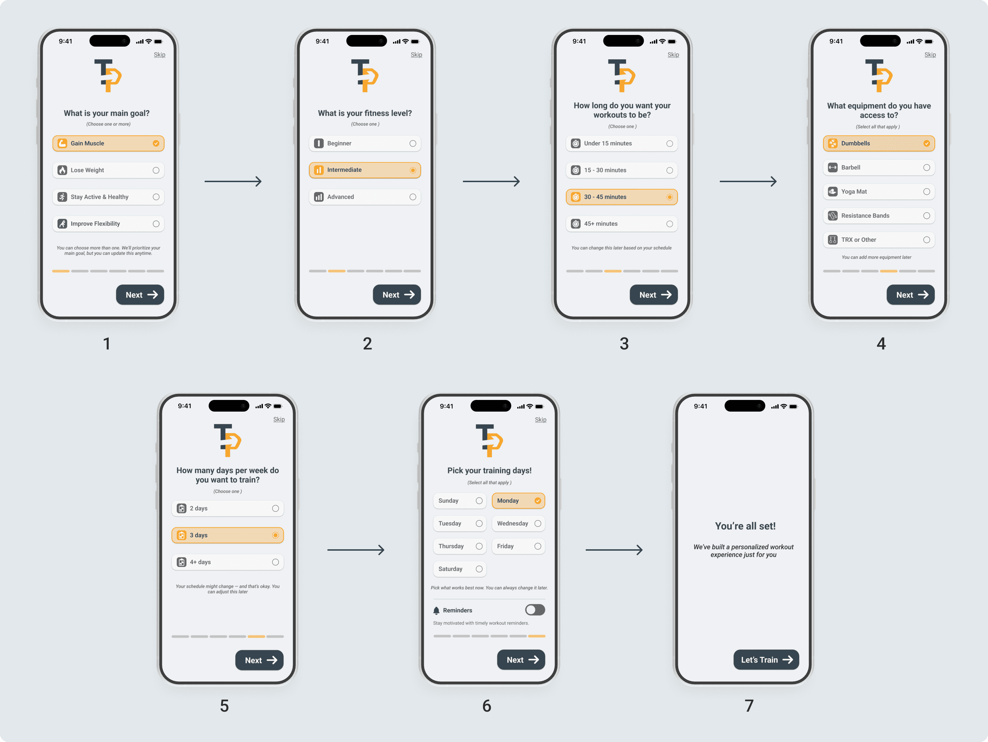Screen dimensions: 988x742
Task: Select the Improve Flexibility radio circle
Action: [156, 224]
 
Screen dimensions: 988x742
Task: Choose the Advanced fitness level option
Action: [365, 197]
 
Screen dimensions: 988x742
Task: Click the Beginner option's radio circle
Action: [413, 143]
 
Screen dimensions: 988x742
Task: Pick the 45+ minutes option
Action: [622, 224]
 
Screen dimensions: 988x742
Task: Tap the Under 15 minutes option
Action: [622, 143]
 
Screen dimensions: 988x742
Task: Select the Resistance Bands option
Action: [879, 216]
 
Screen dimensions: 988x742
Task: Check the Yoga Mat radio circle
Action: [927, 192]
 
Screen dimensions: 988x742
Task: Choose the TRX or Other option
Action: [879, 240]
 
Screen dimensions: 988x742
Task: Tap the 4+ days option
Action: [227, 562]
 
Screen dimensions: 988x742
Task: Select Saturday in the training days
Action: [460, 569]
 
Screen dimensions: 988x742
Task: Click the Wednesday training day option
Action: [518, 523]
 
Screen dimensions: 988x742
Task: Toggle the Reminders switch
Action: [535, 610]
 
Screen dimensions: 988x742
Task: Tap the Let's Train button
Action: [766, 660]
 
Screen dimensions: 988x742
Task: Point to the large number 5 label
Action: [224, 706]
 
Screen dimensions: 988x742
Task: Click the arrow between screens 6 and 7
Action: [614, 550]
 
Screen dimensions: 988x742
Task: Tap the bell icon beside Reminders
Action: [436, 610]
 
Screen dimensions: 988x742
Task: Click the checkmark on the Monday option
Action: [538, 501]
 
